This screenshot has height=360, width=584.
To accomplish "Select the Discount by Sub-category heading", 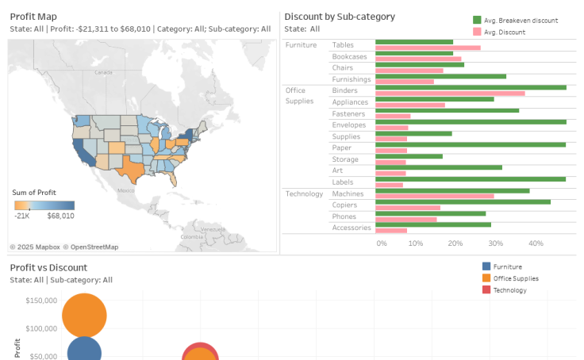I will coord(339,16).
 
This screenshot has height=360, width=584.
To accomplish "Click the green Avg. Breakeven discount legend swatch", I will coord(476,20).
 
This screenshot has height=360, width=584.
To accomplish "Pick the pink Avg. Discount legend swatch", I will coord(476,32).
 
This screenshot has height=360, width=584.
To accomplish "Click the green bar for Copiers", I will coord(463,201).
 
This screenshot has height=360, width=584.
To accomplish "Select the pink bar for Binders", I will coord(450,94).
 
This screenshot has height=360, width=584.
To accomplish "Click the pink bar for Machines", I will coord(434,196).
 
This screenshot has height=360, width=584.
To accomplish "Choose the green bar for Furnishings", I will coord(440,76).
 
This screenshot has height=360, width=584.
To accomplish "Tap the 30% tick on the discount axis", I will coord(495,243).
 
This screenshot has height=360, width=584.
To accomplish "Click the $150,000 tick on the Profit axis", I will coord(40,301).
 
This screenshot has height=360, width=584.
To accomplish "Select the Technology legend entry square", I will coord(486,290).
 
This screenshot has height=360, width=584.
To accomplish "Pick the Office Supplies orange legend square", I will coord(486,278).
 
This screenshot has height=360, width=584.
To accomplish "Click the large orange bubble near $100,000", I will coord(83,315).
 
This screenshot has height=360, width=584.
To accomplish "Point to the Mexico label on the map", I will coord(126,190).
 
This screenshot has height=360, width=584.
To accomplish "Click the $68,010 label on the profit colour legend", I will coord(60,216).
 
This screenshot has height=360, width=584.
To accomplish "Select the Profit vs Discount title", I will coord(48,267).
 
